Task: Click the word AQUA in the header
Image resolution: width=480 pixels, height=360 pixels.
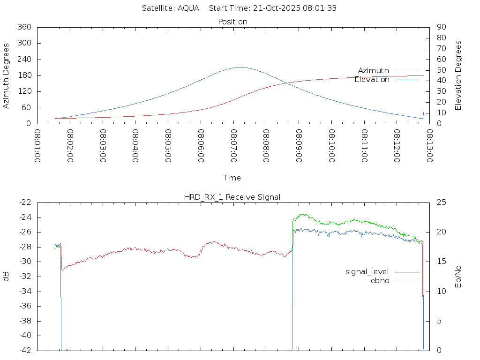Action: click(188, 8)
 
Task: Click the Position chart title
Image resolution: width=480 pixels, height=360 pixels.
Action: click(233, 22)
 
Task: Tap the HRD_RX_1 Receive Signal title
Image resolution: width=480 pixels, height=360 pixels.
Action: click(232, 197)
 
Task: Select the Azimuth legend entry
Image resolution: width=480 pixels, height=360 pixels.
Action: click(374, 71)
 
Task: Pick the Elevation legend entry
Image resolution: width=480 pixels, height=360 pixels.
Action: click(372, 80)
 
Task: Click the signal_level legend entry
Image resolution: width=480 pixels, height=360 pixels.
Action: click(367, 271)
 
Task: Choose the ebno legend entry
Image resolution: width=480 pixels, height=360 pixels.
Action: click(380, 280)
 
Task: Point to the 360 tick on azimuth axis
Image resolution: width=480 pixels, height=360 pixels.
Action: click(24, 27)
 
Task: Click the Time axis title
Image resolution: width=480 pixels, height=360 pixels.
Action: click(232, 178)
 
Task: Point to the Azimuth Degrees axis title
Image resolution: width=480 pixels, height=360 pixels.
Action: click(7, 75)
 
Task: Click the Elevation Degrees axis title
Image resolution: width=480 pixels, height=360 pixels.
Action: click(458, 75)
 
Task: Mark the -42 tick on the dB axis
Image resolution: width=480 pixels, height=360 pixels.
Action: click(25, 350)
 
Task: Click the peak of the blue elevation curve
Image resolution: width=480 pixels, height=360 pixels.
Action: click(240, 67)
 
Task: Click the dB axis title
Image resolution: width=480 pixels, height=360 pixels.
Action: click(7, 277)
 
